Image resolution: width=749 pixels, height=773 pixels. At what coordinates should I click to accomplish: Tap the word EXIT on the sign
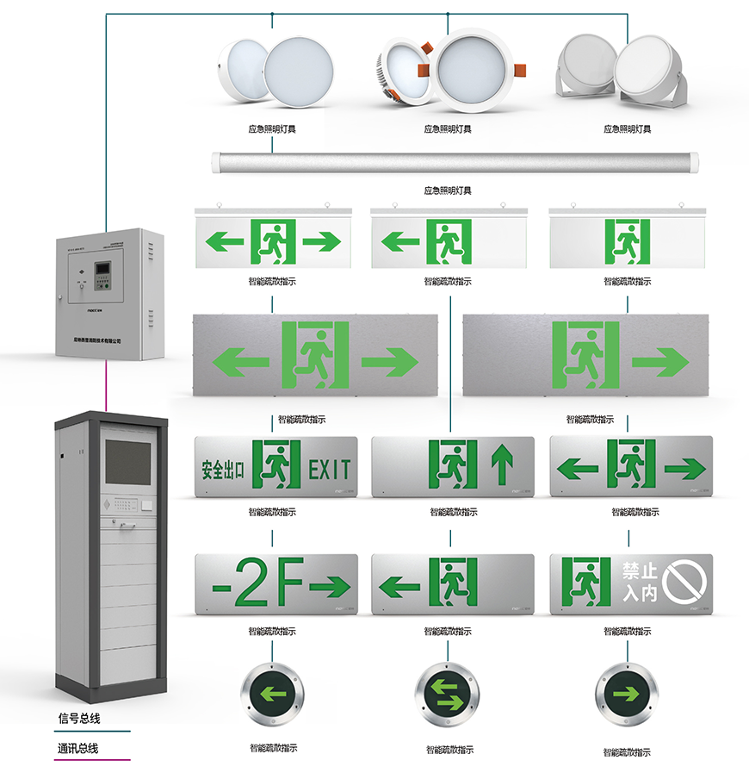(330, 470)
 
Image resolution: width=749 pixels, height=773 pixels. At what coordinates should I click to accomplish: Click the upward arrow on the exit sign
(502, 466)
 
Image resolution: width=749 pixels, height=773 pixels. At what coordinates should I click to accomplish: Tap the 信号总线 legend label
(78, 718)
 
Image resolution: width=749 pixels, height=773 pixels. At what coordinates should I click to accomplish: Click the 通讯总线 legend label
(78, 748)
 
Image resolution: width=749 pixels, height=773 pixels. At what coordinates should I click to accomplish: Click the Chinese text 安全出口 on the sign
(223, 470)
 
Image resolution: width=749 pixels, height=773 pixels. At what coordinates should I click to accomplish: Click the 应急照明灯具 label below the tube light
(448, 190)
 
